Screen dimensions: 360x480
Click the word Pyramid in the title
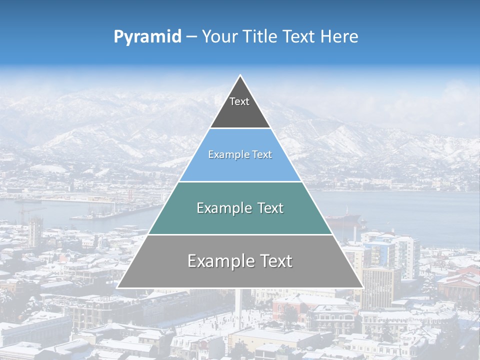point(147,37)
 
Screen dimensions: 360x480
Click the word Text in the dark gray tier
point(239,101)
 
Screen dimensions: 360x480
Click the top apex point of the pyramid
point(240,76)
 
